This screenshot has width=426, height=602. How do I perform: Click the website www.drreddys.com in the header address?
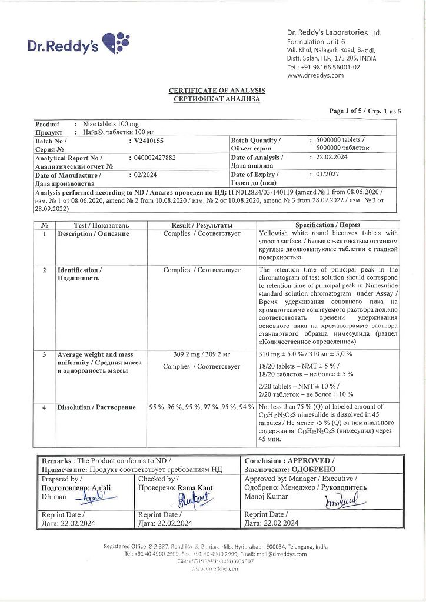tap(315, 75)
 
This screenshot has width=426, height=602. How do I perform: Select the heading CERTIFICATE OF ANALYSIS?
tap(217, 91)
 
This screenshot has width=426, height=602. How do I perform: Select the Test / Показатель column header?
tap(101, 225)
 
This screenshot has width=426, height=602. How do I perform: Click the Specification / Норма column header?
tap(328, 225)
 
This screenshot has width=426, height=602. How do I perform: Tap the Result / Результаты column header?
tap(201, 225)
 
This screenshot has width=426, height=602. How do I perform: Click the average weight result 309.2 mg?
tap(201, 355)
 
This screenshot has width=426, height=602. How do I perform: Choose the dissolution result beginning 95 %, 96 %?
tap(201, 407)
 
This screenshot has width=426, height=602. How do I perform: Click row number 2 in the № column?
tap(45, 270)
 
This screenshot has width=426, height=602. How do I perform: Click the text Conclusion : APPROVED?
tap(289, 461)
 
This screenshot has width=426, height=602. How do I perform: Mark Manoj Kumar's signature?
tap(341, 501)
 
